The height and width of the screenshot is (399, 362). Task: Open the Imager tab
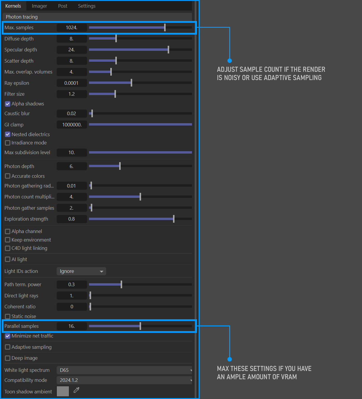pyautogui.click(x=39, y=6)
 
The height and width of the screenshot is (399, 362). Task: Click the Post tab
pyautogui.click(x=63, y=6)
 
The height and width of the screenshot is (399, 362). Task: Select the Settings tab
pyautogui.click(x=87, y=6)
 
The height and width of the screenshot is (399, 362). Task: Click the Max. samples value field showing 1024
pyautogui.click(x=72, y=27)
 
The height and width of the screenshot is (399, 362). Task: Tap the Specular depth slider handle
pyautogui.click(x=168, y=50)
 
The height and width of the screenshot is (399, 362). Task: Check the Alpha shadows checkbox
pyautogui.click(x=8, y=104)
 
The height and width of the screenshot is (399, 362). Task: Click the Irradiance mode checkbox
pyautogui.click(x=8, y=143)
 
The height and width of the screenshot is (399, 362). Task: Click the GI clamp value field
pyautogui.click(x=72, y=125)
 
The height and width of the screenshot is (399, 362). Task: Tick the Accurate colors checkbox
pyautogui.click(x=8, y=176)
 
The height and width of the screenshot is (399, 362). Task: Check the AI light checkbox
pyautogui.click(x=8, y=259)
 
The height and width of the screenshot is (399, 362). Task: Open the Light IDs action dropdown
pyautogui.click(x=81, y=271)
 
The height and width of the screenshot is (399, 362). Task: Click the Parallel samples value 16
pyautogui.click(x=72, y=326)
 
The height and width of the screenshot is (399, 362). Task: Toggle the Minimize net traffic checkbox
pyautogui.click(x=8, y=336)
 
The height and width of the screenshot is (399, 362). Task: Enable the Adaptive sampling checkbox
pyautogui.click(x=8, y=347)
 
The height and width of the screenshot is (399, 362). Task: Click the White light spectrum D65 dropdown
pyautogui.click(x=124, y=370)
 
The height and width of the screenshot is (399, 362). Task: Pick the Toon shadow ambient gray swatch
pyautogui.click(x=63, y=391)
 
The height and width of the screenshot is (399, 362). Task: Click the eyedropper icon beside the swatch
pyautogui.click(x=77, y=390)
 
